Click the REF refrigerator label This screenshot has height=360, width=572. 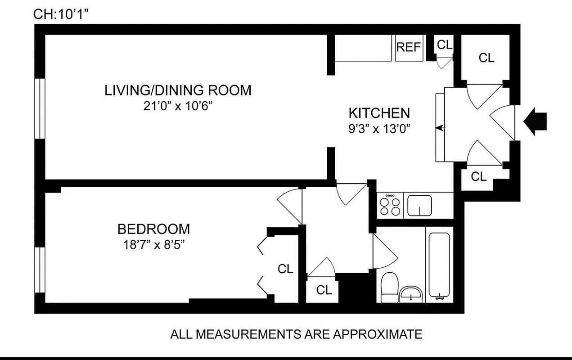pyautogui.click(x=409, y=47)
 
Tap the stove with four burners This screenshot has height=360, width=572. pyautogui.click(x=390, y=206)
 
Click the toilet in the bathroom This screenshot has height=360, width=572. pyautogui.click(x=389, y=288)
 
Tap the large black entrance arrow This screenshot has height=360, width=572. pyautogui.click(x=536, y=121)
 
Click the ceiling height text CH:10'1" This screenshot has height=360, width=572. pyautogui.click(x=60, y=14)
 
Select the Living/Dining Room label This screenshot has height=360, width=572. pyautogui.click(x=178, y=90)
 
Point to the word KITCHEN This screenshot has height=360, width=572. pyautogui.click(x=379, y=113)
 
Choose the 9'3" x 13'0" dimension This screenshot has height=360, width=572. pyautogui.click(x=379, y=129)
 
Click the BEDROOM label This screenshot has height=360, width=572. pyautogui.click(x=153, y=229)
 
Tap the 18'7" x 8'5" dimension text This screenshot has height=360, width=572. pyautogui.click(x=153, y=245)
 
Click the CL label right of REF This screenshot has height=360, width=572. pyautogui.click(x=445, y=45)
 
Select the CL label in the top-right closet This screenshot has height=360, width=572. pyautogui.click(x=486, y=58)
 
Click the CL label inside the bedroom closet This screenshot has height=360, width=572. pyautogui.click(x=285, y=269)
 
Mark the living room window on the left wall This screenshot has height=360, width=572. pyautogui.click(x=40, y=109)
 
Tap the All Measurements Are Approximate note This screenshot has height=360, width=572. pyautogui.click(x=296, y=334)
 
